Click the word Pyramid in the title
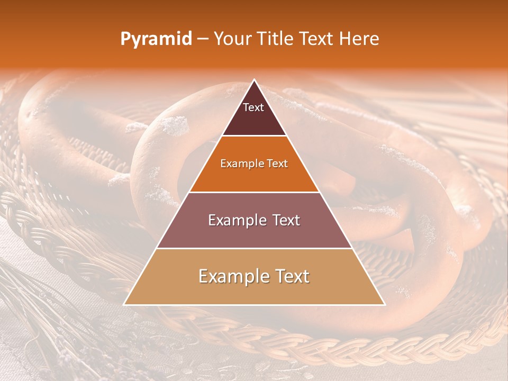point(156,39)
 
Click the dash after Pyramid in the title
point(203,40)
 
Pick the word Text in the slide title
point(319,39)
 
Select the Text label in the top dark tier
point(253,107)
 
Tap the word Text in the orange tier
point(278,164)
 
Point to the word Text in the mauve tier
point(285,220)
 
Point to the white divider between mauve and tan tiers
point(254,248)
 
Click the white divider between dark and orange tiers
point(254,136)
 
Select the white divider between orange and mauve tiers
point(254,192)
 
